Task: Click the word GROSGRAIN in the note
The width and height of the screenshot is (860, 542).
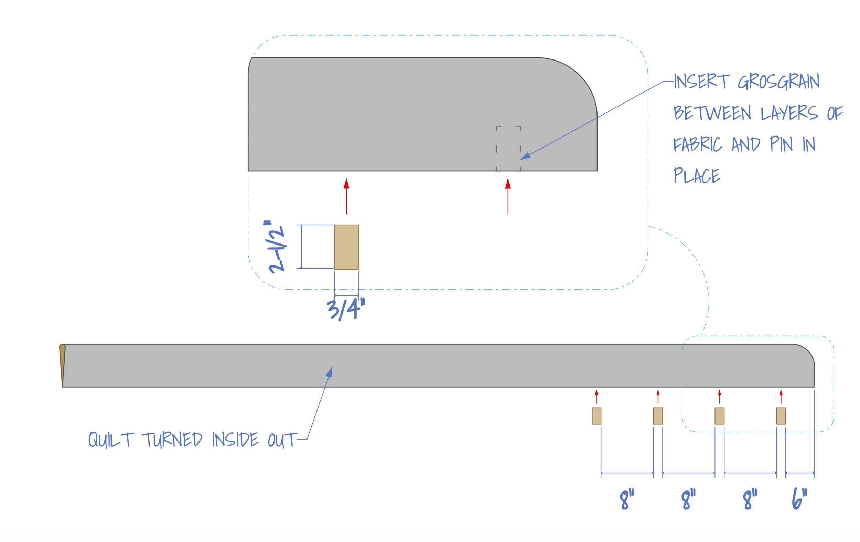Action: (x=778, y=82)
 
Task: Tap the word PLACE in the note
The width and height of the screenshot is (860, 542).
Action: (x=697, y=176)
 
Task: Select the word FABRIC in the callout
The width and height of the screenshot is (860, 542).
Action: (x=698, y=144)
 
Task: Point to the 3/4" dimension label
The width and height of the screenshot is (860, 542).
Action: (x=346, y=309)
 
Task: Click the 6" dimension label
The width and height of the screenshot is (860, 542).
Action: (x=799, y=498)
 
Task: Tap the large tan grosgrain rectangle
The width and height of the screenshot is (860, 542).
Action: (x=346, y=247)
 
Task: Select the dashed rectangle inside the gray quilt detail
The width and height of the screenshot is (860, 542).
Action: (x=508, y=149)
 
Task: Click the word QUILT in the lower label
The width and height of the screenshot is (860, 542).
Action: (x=111, y=440)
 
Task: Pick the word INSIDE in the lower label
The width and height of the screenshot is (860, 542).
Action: (x=235, y=440)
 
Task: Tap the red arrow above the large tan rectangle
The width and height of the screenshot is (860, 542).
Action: (x=346, y=196)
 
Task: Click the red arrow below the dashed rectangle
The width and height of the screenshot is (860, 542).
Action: (x=508, y=196)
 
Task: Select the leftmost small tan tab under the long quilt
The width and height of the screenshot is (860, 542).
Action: (x=596, y=416)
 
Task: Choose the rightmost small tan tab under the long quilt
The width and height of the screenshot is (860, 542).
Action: (x=781, y=416)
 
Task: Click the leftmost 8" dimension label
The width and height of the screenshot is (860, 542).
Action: (x=627, y=499)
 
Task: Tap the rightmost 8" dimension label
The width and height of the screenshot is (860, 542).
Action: (x=750, y=499)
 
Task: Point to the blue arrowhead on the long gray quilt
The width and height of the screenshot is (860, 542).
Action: (x=330, y=372)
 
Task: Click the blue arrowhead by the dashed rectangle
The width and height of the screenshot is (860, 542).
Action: (x=525, y=156)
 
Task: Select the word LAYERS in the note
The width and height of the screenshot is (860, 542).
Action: (x=789, y=113)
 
